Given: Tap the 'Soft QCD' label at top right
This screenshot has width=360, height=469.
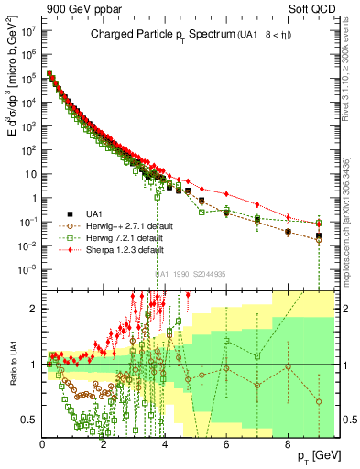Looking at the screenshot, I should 316,9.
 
